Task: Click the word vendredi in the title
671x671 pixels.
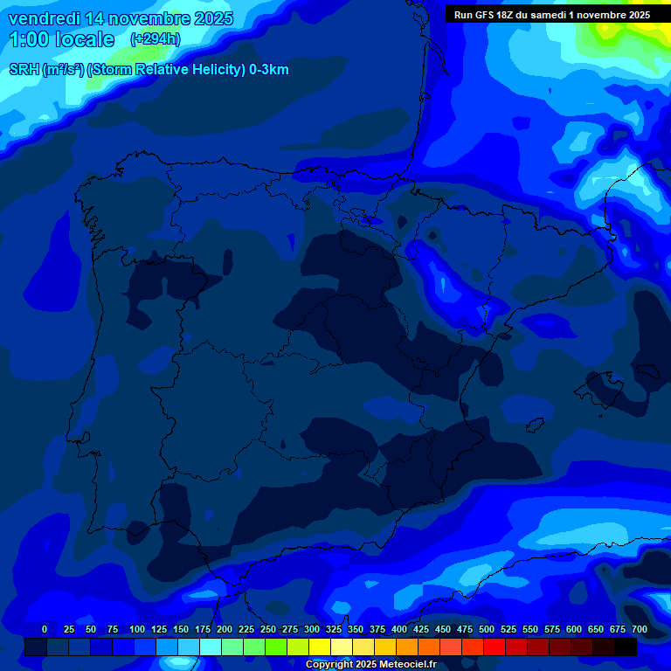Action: (44, 18)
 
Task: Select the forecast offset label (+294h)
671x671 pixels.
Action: (156, 39)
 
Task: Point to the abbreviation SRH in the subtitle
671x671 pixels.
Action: (24, 70)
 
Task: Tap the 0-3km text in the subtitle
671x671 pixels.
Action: (268, 70)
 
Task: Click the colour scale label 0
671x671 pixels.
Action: (45, 629)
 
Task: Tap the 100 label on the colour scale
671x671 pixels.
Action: (137, 629)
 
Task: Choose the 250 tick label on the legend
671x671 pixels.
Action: (268, 629)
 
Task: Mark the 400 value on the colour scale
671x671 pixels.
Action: (399, 629)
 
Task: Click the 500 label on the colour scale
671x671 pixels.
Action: (487, 629)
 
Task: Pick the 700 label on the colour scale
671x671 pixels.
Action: (640, 629)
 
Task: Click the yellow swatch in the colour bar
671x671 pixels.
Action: (320, 647)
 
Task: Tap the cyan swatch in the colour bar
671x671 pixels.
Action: (211, 647)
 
